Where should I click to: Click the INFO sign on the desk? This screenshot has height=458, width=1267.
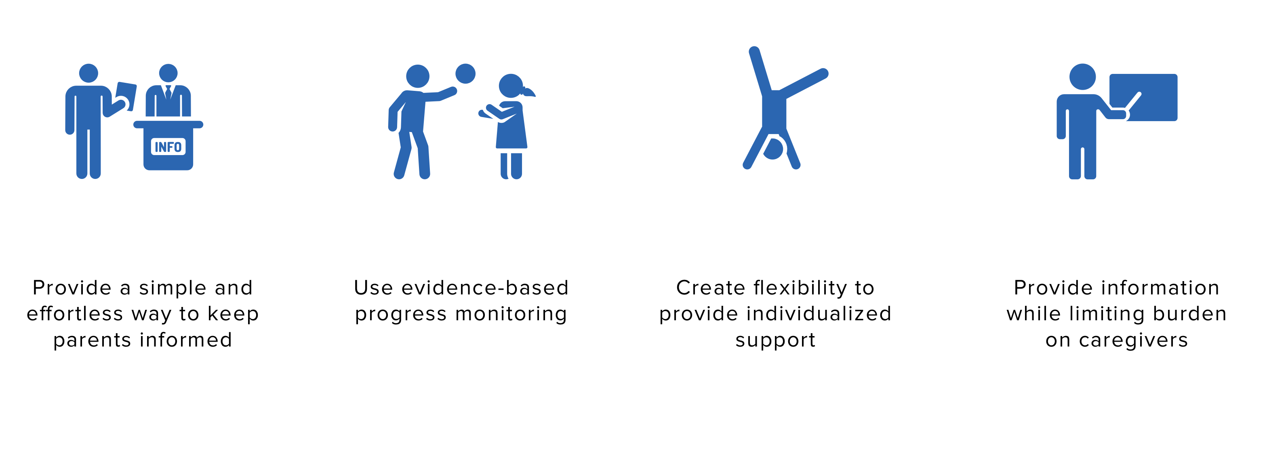(x=168, y=147)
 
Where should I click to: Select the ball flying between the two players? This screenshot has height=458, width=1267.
(x=465, y=74)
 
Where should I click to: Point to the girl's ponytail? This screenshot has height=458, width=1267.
(x=529, y=92)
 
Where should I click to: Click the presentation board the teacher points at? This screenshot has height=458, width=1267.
(x=1143, y=97)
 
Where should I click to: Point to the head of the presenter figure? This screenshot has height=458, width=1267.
(x=1082, y=77)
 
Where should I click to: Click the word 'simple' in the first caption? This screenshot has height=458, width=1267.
(x=172, y=288)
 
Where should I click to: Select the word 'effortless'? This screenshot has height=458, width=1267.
(x=75, y=313)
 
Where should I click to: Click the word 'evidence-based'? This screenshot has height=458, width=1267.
(x=485, y=288)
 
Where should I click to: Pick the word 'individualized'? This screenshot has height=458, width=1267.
(x=819, y=313)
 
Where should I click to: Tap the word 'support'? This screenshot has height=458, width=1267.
(x=775, y=340)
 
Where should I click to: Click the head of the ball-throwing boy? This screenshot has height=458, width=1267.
(x=418, y=77)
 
